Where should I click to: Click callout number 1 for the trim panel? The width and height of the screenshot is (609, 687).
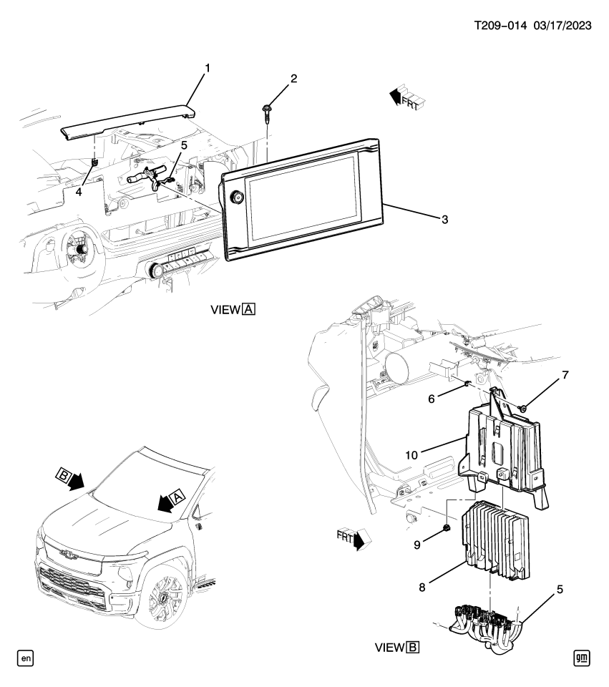207,68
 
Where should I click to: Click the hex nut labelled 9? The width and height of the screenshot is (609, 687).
444,529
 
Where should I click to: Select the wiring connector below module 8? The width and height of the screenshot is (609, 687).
487,623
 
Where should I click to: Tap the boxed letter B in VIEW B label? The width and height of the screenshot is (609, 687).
412,648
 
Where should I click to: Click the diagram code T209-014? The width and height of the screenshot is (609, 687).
500,25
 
